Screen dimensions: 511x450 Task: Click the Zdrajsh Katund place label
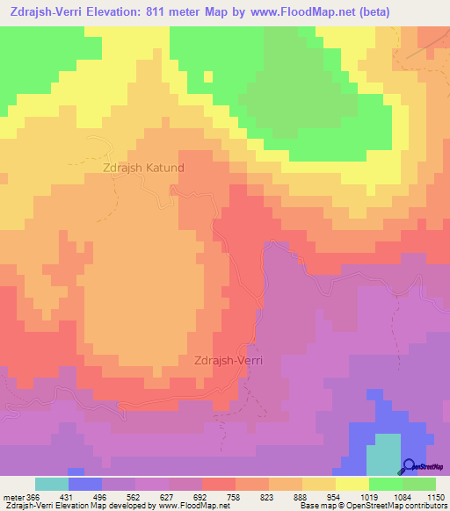coord(144,166)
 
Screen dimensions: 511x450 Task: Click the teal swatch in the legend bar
coord(52,484)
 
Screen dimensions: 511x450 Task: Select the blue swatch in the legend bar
coord(85,484)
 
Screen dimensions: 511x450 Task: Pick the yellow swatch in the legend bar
coord(352,484)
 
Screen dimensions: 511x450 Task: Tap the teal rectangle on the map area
coord(381,454)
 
